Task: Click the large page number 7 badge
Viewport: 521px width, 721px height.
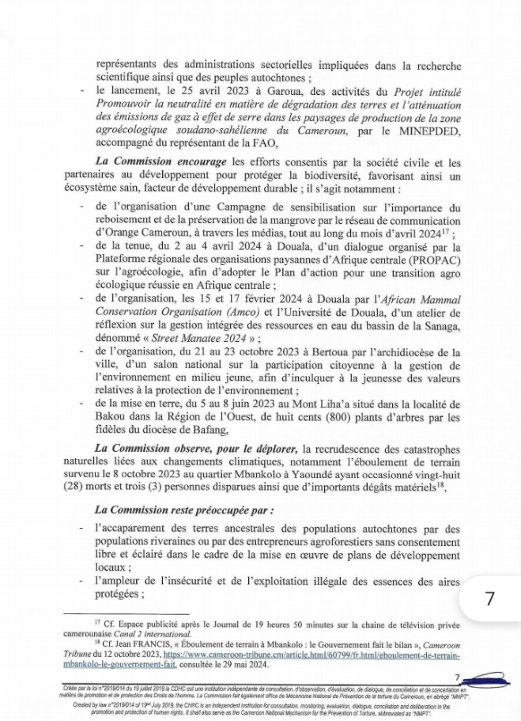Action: click(490, 598)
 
